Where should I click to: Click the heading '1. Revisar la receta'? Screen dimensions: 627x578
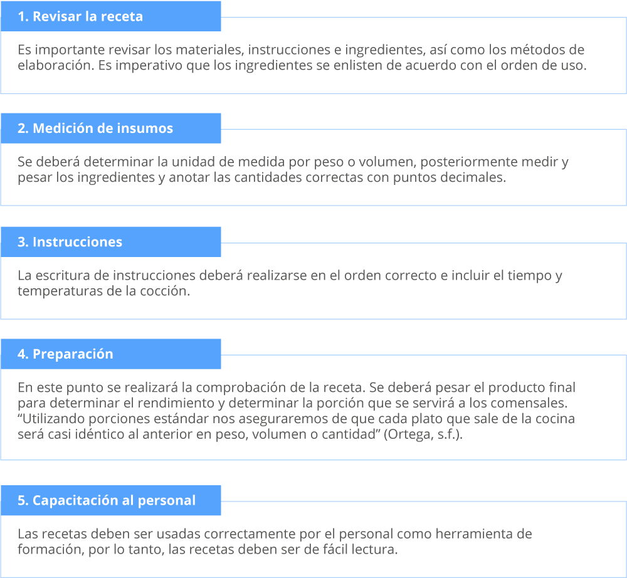(80, 16)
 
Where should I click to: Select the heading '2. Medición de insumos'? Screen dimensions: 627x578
(95, 129)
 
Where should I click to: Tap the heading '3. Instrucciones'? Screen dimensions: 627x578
(70, 242)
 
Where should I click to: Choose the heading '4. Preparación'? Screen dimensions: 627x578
(66, 354)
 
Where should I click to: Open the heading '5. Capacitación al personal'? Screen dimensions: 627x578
(107, 500)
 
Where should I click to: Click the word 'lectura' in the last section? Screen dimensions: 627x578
(375, 550)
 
